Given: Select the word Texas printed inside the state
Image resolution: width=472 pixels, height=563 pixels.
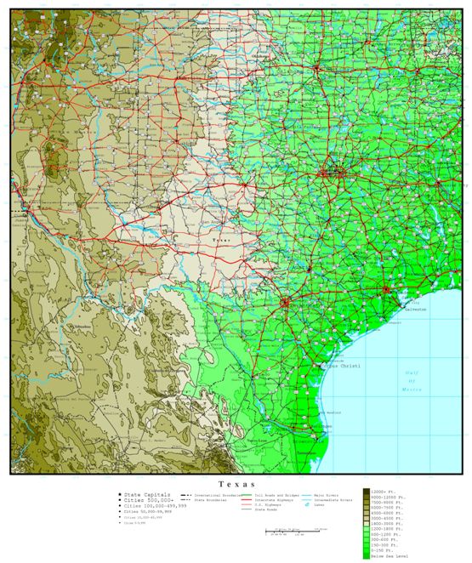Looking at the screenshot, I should [220, 241].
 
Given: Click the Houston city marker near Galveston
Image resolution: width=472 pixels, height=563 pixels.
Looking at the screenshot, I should [387, 291].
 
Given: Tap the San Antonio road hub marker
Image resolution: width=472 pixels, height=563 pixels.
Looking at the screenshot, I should [286, 301].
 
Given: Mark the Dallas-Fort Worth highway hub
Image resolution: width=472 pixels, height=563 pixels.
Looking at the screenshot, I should [328, 173].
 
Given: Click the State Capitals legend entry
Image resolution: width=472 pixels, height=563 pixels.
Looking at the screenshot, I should [145, 493].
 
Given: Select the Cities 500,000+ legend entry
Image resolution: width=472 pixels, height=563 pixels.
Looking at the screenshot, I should [145, 499].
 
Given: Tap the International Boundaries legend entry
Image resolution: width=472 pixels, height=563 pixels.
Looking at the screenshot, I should [217, 493].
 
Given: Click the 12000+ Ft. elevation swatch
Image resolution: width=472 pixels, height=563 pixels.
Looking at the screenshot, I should [367, 492].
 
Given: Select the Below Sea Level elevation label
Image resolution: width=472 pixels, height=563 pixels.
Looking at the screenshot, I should [388, 555].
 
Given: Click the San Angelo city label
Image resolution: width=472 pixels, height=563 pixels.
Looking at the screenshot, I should [209, 223].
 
